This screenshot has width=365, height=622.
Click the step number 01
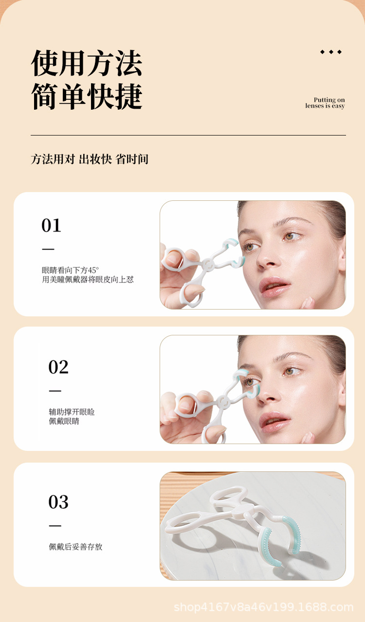coord(51,225)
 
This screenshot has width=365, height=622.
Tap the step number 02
coord(58,367)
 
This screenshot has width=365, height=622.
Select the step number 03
coord(58,502)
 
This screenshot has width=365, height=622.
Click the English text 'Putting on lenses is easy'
coord(325,103)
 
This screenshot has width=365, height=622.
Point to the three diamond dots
coord(330,52)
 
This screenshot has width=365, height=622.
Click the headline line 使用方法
coord(87,63)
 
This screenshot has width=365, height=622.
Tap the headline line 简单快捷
coord(87,96)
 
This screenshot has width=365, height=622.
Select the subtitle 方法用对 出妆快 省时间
coord(90,159)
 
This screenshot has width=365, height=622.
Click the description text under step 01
coord(88,275)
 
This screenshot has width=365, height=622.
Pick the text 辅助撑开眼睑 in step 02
coord(72,412)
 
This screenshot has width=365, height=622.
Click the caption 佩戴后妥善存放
coord(75,547)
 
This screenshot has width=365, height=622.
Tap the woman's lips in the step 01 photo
coord(274,286)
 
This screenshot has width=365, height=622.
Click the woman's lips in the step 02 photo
coord(274,421)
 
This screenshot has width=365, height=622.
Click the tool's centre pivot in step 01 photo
coord(208,265)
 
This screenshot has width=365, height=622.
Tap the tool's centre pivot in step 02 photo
coord(223,402)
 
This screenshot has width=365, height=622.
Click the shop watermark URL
coord(264,607)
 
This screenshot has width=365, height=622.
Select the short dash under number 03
coord(55,525)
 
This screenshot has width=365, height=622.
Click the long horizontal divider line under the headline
coord(188,135)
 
